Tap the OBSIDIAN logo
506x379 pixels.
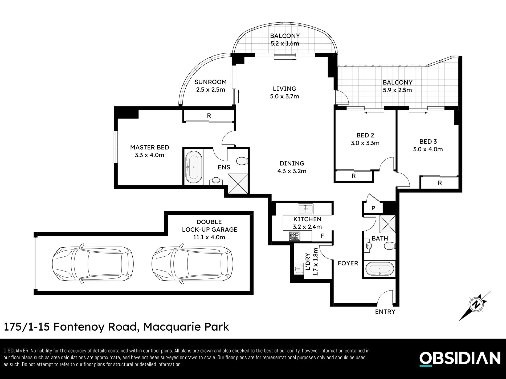click(460, 359)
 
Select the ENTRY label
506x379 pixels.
click(385, 311)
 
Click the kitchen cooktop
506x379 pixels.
click(294, 236)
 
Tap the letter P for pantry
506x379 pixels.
click(373, 208)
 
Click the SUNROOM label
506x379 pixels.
click(210, 82)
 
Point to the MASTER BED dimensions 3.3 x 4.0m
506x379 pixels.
click(149, 155)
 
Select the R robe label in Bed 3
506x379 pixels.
click(440, 183)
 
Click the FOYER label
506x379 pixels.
click(348, 263)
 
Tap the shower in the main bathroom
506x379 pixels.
click(387, 223)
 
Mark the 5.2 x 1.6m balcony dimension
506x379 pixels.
click(285, 43)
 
